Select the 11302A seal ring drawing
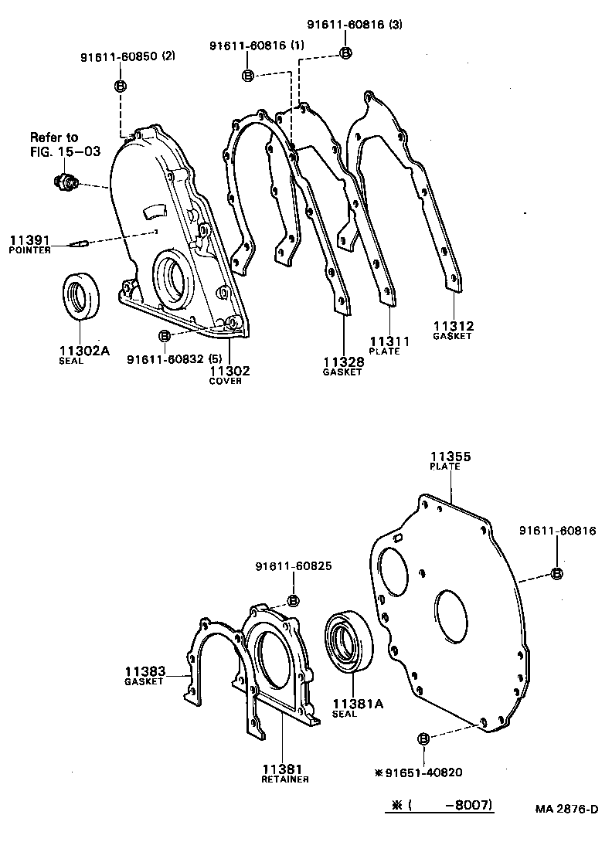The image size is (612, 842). coord(80,296)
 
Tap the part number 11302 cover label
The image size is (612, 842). coord(229,371)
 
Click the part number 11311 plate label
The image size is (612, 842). coord(389,341)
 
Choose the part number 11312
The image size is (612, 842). coord(453,326)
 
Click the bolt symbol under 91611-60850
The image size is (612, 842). coord(121,86)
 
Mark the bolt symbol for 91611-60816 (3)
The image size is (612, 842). coord(345,53)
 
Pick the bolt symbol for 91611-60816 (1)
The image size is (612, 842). coord(248,75)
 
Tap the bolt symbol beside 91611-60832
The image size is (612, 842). coord(164,336)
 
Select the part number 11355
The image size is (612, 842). coord(450,457)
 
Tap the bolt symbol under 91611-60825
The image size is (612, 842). coord(293,601)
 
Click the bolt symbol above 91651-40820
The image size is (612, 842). coord(423,740)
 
